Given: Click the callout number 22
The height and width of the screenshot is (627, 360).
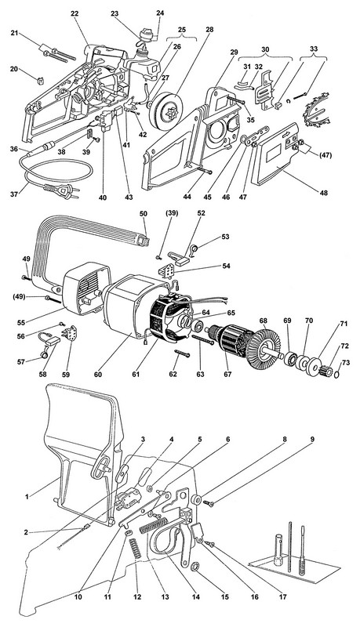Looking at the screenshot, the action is click(75, 13).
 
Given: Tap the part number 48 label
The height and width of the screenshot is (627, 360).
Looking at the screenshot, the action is click(324, 193).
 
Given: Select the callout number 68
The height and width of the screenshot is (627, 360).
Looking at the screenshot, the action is click(264, 321).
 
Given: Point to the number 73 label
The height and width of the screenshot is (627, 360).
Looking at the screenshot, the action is click(346, 351).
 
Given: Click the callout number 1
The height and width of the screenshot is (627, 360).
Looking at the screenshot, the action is click(27, 497).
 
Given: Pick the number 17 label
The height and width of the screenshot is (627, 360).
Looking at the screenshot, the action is click(283, 597).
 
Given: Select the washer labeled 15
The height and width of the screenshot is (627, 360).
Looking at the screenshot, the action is click(196, 566).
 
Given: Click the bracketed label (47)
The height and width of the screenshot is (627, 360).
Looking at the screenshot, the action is click(325, 155).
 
